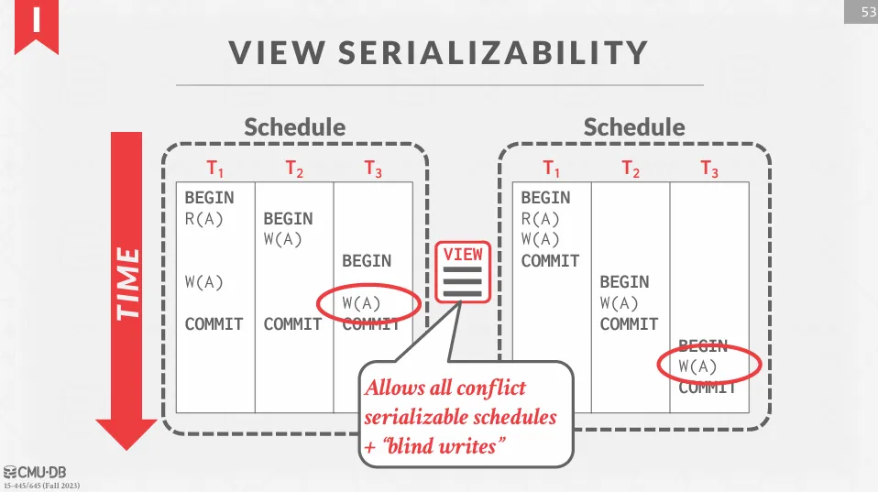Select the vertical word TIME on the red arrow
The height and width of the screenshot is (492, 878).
point(130,283)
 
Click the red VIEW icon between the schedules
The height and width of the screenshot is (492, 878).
point(463,271)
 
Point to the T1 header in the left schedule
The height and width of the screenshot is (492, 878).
point(214,169)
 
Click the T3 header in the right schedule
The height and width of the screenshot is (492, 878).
point(709,169)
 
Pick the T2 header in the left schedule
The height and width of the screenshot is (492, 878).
point(293,169)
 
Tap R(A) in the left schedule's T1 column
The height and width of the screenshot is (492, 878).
point(203,219)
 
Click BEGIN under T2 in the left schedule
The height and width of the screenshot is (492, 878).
point(288,219)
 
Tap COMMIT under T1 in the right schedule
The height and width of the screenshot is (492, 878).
point(550,261)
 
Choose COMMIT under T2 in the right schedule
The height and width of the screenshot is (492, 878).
point(629,324)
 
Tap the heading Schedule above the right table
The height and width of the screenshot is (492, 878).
point(633,127)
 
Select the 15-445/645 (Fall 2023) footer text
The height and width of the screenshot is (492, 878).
point(41,486)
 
